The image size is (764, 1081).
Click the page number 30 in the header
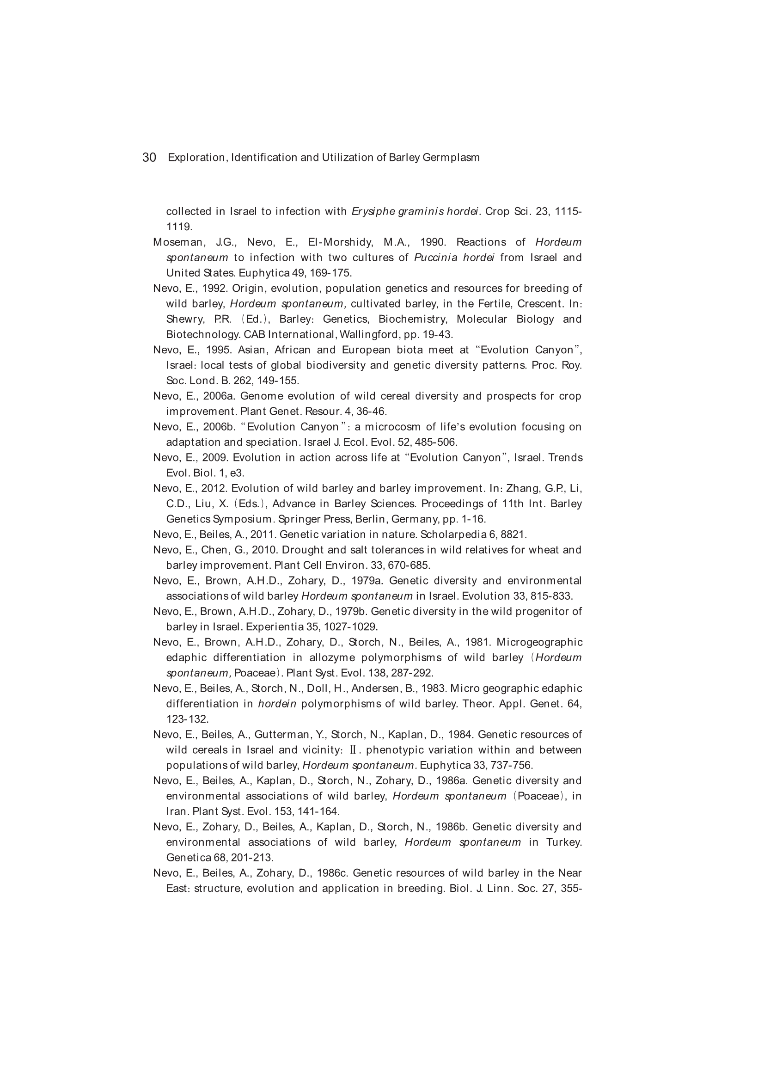pos(149,158)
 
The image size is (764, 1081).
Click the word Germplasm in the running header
pos(451,158)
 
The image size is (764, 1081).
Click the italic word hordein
pos(277,704)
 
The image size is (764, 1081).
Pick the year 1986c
pos(332,873)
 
